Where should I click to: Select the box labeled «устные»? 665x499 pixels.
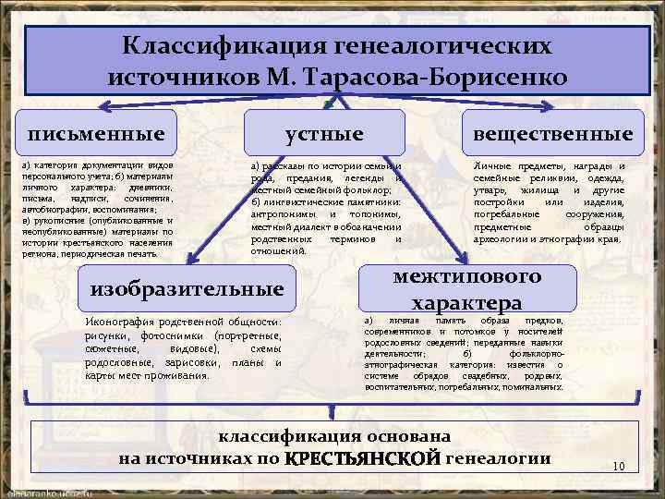click(x=324, y=134)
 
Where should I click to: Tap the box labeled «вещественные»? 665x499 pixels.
click(x=552, y=134)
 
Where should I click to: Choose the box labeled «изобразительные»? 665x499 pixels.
click(x=187, y=289)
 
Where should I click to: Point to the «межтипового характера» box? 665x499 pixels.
click(x=466, y=289)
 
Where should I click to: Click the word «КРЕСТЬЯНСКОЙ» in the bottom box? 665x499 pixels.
click(x=363, y=458)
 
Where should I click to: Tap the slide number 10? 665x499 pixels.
click(x=619, y=466)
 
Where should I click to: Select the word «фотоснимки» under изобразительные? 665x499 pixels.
click(x=169, y=335)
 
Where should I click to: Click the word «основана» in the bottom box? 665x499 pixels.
click(x=410, y=435)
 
